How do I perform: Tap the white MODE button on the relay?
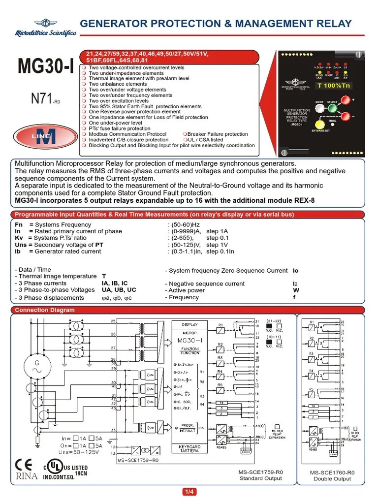pyautogui.click(x=319, y=109)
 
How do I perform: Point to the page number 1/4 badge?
pyautogui.click(x=189, y=492)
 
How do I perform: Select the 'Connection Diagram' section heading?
pyautogui.click(x=45, y=310)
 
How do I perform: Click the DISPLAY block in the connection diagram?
pyautogui.click(x=189, y=325)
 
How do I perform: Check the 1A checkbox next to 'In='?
pyautogui.click(x=76, y=438)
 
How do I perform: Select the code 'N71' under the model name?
pyautogui.click(x=41, y=99)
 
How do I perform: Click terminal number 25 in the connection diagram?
pyautogui.click(x=114, y=321)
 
